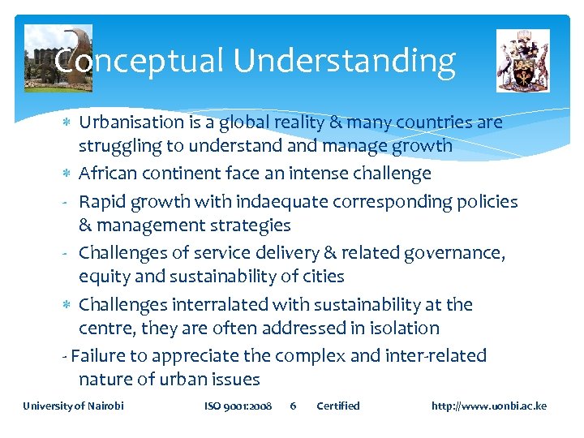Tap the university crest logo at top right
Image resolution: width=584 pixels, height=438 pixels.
tap(523, 61)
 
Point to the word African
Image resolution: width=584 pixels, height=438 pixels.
tap(109, 174)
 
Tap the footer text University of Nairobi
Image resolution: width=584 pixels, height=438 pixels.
tap(73, 406)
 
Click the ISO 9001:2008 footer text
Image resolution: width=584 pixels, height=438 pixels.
tap(238, 406)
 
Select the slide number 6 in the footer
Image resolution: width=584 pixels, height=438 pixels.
tap(294, 406)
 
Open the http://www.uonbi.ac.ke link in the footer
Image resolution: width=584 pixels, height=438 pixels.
tap(489, 406)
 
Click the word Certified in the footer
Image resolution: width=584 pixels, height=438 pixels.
tap(337, 406)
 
